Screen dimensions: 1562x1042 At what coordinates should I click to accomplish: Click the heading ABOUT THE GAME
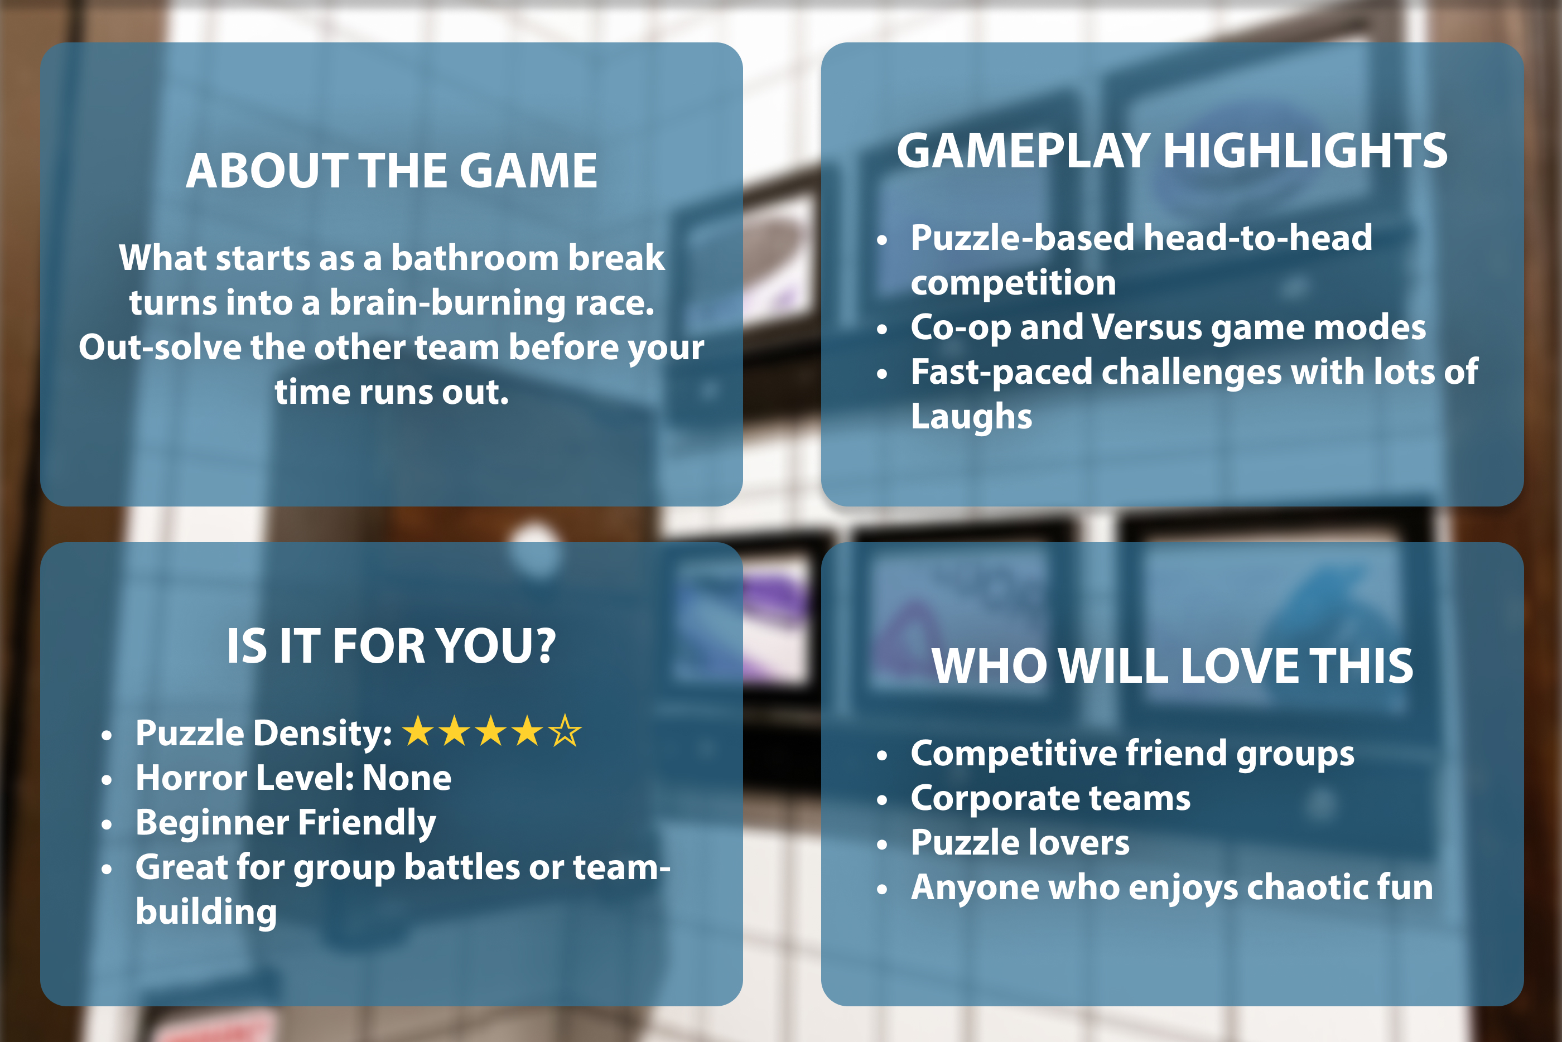tap(391, 171)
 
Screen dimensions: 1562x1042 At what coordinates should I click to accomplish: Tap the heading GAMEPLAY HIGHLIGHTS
tap(1172, 151)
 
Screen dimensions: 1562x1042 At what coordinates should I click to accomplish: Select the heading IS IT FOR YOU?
tap(391, 646)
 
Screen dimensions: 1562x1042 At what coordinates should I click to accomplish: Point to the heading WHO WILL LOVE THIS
tap(1172, 666)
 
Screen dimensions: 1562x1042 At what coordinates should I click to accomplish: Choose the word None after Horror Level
tap(407, 778)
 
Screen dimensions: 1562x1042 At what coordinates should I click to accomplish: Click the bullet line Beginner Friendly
tap(286, 823)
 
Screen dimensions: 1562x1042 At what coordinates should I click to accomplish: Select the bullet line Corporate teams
tap(1050, 798)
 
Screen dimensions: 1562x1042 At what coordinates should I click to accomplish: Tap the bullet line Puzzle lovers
tap(1020, 843)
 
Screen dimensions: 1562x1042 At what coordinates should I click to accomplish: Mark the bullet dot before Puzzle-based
tap(881, 240)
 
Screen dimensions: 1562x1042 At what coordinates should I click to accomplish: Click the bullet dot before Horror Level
tap(107, 780)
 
